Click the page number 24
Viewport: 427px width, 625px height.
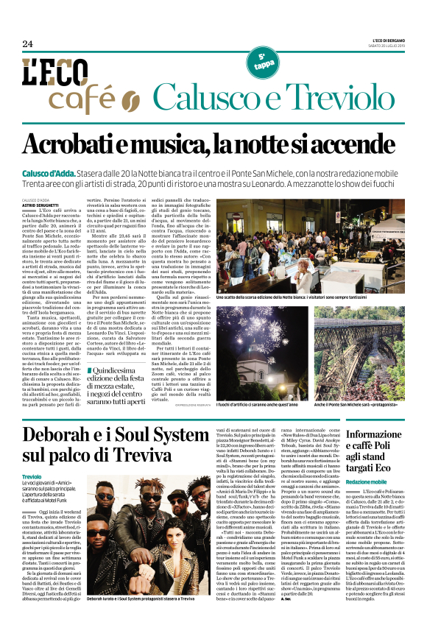coord(27,43)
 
